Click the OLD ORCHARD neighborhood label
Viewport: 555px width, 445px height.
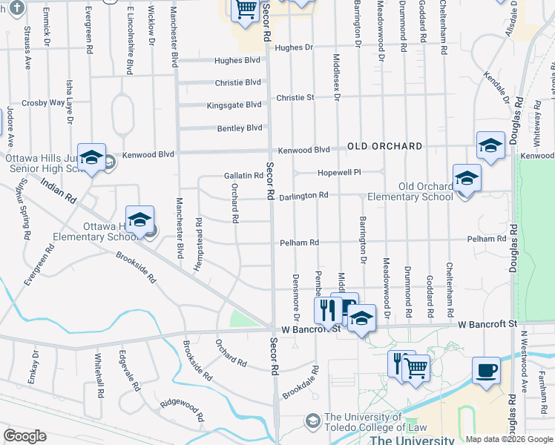pyautogui.click(x=384, y=146)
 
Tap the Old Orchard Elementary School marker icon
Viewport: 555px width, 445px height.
pyautogui.click(x=467, y=179)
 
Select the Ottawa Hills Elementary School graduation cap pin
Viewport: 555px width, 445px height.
pyautogui.click(x=139, y=220)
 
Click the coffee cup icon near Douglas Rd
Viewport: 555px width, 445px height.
pyautogui.click(x=487, y=370)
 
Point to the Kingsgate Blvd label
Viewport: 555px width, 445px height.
pyautogui.click(x=234, y=105)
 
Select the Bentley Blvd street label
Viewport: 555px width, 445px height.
pyautogui.click(x=240, y=128)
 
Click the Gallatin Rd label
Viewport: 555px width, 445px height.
pyautogui.click(x=243, y=176)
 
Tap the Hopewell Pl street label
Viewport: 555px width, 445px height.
pyautogui.click(x=338, y=172)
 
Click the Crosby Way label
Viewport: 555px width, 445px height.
pyautogui.click(x=43, y=103)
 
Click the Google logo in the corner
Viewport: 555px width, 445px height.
pyautogui.click(x=24, y=436)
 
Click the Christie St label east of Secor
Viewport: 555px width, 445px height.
pyautogui.click(x=295, y=97)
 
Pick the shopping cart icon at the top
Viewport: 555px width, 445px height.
pyautogui.click(x=246, y=10)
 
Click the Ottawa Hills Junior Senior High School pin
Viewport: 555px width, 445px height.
pyautogui.click(x=91, y=158)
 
